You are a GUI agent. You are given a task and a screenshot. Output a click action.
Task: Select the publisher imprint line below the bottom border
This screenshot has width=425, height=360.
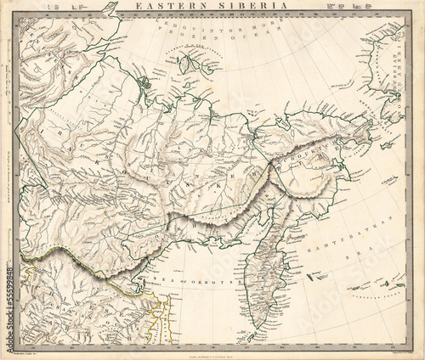[x=212, y=350]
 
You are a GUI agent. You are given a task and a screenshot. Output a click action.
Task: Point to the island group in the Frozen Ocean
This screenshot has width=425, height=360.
[x=191, y=64]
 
